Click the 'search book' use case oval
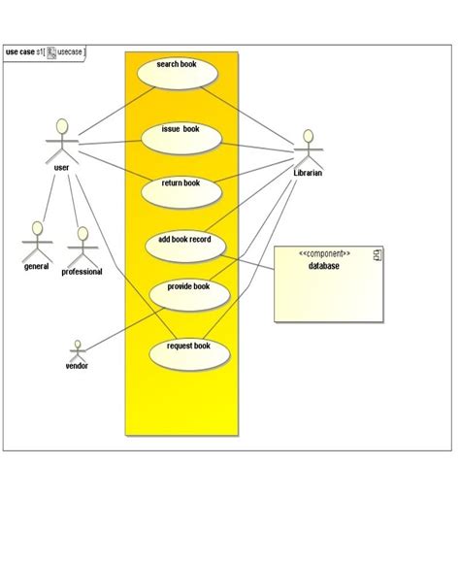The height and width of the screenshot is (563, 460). [x=176, y=72]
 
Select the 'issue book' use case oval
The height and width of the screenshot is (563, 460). [x=181, y=136]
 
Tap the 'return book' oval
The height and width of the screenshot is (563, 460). [x=181, y=189]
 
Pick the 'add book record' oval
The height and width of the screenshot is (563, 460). [x=184, y=245]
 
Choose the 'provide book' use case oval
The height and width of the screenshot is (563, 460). [x=187, y=291]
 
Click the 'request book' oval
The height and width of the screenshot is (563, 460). [x=188, y=351]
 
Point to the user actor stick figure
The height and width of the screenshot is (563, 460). [x=61, y=141]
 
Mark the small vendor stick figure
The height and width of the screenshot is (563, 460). [x=77, y=349]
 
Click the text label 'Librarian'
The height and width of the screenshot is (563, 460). [x=308, y=173]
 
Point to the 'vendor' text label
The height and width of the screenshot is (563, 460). [x=77, y=366]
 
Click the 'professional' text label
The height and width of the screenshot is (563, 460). [x=82, y=272]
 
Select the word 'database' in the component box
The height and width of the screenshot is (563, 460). [x=324, y=267]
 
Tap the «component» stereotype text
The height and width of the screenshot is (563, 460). [x=324, y=254]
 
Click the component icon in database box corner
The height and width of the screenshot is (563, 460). [x=378, y=254]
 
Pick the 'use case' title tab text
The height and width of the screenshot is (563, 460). [x=19, y=51]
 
